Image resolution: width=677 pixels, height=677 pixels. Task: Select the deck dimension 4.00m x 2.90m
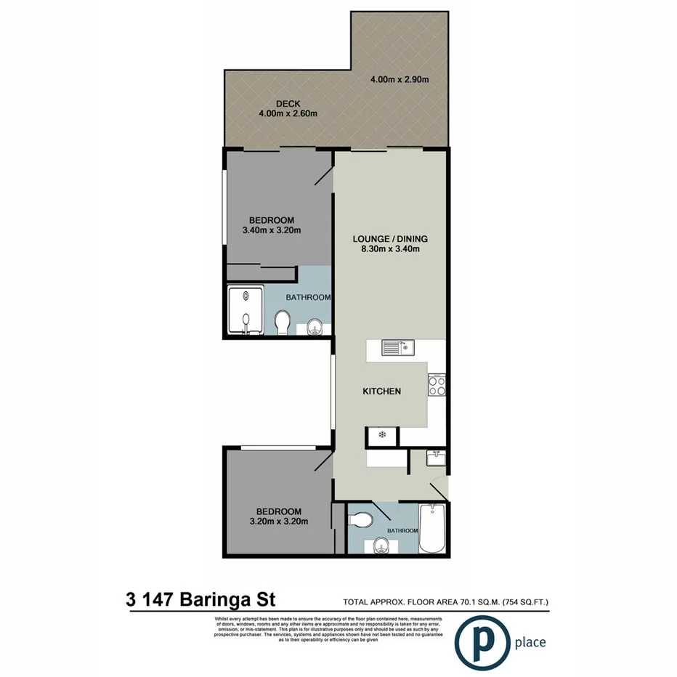399,79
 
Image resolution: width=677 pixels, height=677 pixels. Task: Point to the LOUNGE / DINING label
390,239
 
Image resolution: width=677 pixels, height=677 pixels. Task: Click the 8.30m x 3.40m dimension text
390,249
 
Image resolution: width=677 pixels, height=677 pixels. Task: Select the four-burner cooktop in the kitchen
437,385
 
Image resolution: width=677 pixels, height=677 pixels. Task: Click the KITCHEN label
382,392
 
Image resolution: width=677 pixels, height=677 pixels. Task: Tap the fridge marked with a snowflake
381,435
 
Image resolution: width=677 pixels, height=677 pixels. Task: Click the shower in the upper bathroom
246,311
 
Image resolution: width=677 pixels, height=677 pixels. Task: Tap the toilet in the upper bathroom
283,320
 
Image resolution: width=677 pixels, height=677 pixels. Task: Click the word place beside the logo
530,642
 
